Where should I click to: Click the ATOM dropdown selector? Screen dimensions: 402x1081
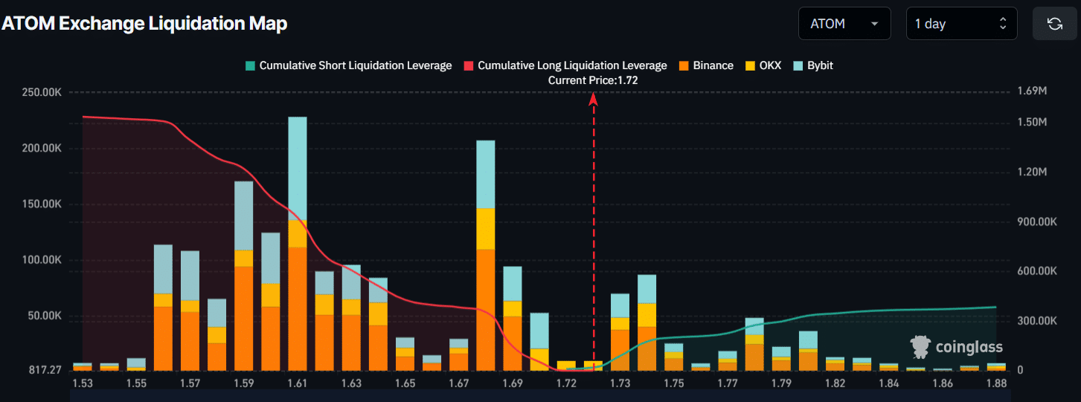tap(844, 24)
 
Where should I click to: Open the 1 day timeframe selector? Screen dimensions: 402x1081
tap(961, 24)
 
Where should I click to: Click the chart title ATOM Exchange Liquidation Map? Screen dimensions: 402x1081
tap(144, 23)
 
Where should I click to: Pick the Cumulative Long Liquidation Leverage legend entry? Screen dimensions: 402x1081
tap(565, 65)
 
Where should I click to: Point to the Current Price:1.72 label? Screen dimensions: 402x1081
tap(593, 80)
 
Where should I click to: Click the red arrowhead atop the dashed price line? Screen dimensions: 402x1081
tap(594, 98)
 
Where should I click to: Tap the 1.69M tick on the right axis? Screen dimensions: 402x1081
tap(1032, 92)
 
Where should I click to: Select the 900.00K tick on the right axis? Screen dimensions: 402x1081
tap(1036, 221)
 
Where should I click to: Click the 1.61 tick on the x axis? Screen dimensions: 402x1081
tap(297, 383)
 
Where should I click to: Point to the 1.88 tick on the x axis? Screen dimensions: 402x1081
tap(995, 383)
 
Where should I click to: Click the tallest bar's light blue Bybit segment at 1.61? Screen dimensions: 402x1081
tap(298, 168)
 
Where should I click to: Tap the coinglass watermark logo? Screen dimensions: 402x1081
tap(957, 346)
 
